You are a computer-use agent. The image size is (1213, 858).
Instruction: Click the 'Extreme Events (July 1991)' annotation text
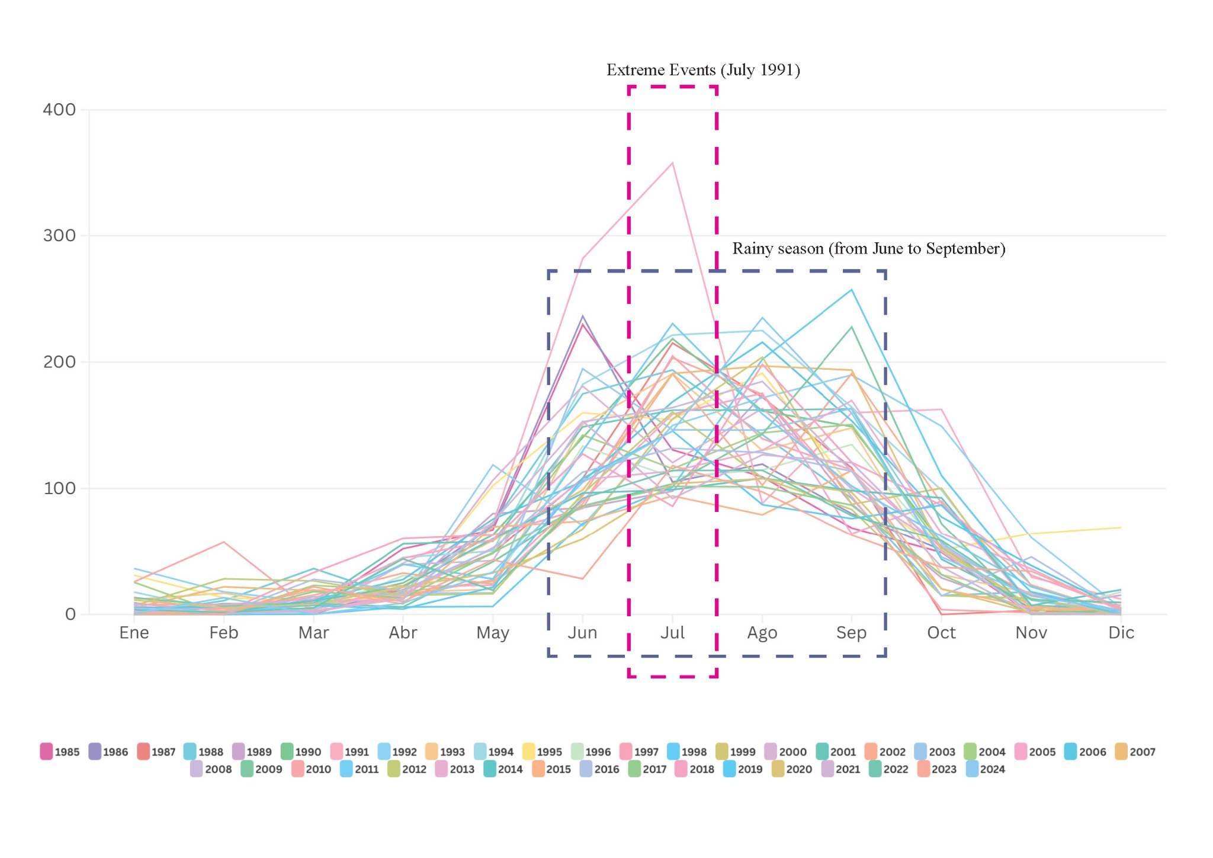[703, 71]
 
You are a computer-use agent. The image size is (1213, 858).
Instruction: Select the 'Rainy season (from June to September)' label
[869, 249]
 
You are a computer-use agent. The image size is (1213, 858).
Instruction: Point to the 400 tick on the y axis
[59, 110]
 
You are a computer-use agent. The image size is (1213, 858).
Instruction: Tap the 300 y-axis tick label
[59, 236]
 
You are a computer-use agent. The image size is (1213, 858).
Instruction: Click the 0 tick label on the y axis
[70, 614]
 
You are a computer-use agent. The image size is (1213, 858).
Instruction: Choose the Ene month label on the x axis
[134, 633]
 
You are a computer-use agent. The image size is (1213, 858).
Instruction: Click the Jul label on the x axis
[672, 633]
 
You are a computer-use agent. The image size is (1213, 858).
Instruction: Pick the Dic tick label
[1121, 633]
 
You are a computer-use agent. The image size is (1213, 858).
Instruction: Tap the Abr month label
[403, 633]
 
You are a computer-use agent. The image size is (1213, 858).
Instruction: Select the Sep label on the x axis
[851, 633]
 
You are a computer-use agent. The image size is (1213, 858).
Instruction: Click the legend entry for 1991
[349, 751]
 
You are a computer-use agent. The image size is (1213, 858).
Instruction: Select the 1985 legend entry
[60, 751]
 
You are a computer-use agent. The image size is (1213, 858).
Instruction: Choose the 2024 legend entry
[986, 769]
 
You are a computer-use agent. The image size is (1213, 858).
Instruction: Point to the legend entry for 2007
[1135, 751]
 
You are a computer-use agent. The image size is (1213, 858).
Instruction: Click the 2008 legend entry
[211, 769]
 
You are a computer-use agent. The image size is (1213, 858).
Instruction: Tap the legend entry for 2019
[743, 769]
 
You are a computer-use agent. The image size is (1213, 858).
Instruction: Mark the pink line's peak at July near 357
[672, 163]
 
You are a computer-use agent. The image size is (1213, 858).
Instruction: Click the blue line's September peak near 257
[852, 290]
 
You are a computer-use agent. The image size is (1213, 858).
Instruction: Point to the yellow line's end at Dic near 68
[1121, 527]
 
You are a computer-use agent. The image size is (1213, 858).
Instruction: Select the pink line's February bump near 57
[224, 542]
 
